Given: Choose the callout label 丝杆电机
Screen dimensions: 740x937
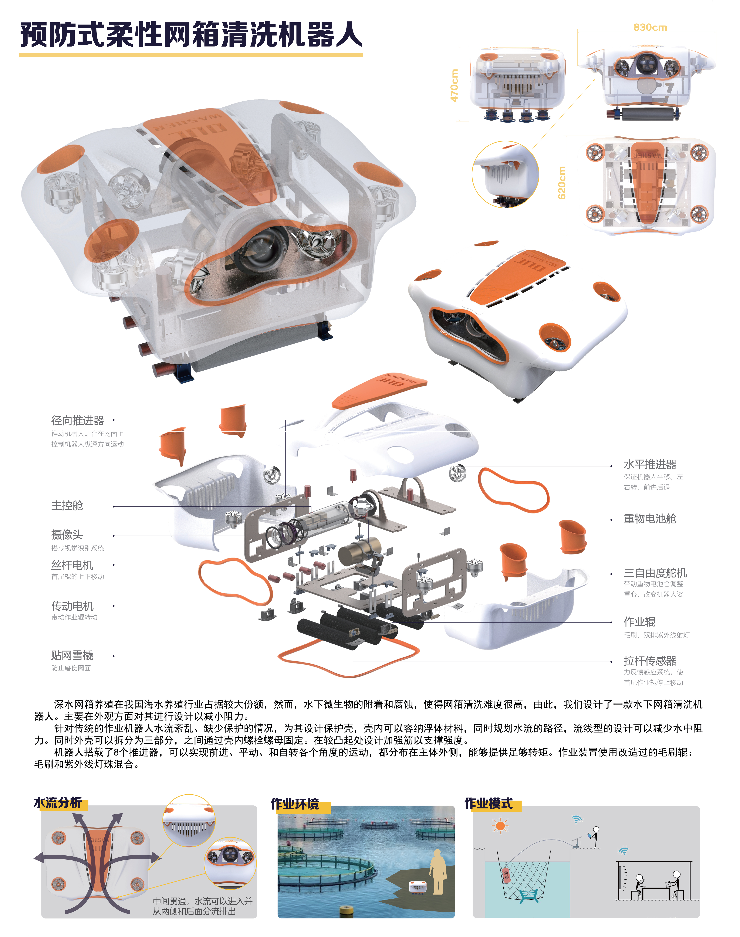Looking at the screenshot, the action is point(72,565).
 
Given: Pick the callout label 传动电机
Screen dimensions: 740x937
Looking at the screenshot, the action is point(72,606).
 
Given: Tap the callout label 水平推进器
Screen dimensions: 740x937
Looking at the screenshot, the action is point(650,464).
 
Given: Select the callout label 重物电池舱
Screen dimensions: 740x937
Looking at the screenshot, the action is point(650,519).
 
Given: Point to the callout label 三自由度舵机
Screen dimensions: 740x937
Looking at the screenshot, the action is point(655,573).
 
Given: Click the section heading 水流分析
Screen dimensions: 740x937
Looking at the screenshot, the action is point(58,803).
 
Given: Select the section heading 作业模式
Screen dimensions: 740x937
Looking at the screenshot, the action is point(488,804).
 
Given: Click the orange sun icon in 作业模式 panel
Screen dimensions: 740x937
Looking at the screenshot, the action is point(500,826).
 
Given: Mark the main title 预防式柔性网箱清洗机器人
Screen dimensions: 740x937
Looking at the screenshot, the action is point(191,35).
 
